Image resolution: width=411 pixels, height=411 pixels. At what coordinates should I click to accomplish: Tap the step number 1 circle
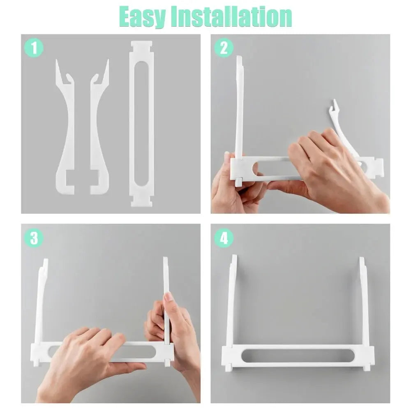tap(34, 48)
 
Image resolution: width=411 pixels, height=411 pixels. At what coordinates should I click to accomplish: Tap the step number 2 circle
tap(224, 48)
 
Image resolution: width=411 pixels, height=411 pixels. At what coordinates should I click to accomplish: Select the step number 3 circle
tap(34, 238)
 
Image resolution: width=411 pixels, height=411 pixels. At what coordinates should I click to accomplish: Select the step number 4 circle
tap(224, 238)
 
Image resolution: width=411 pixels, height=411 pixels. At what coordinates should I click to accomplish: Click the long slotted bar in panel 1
tap(142, 123)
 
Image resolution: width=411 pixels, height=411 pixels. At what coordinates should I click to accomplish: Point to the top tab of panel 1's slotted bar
tap(142, 44)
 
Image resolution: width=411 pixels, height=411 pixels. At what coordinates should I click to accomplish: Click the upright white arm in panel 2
tap(239, 107)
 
